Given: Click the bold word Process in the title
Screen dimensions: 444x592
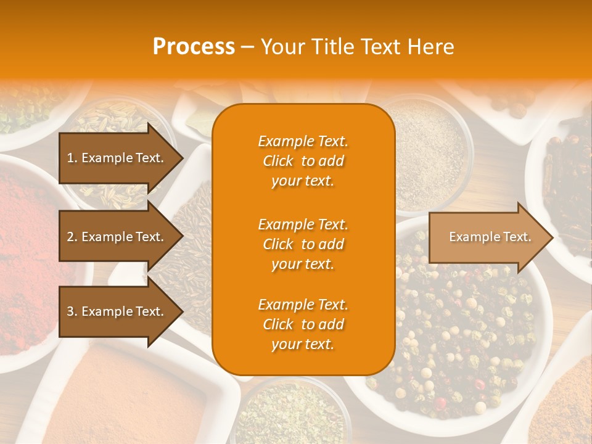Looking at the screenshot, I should point(194,47).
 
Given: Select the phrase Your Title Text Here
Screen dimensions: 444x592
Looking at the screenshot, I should point(357,47).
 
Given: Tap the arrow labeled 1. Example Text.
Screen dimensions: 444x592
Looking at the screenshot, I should point(117,158).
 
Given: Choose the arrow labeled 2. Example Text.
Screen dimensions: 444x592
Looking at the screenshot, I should point(117,237).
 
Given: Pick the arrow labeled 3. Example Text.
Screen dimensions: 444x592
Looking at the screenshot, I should point(117,311).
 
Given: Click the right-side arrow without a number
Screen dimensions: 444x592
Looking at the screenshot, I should point(487,237).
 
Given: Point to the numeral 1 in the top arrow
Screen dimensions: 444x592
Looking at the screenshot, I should point(70,158).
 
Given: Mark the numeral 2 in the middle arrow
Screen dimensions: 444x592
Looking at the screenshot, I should point(70,237).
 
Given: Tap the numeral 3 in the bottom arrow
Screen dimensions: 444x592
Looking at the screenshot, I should point(70,311).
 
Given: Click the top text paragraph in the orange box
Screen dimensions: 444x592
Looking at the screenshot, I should point(303,161).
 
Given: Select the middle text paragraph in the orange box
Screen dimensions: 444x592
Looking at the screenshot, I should point(303,244).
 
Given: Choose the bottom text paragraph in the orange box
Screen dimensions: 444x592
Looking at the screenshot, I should point(303,324).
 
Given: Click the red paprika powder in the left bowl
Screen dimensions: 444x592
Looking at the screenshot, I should point(31,247).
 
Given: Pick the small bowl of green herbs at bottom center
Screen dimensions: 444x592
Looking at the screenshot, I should point(284,413).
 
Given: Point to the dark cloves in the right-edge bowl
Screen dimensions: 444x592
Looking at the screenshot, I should point(570,185).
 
